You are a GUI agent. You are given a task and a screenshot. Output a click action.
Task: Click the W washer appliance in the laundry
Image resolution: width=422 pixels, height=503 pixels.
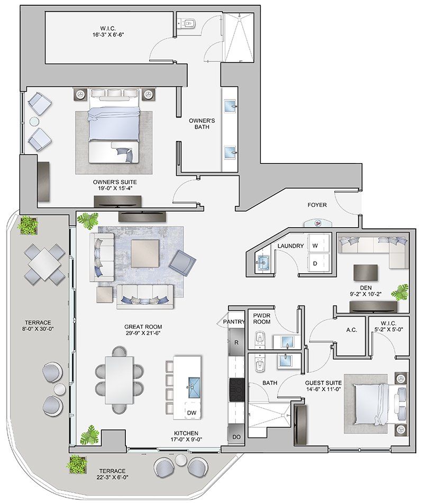click(x=315, y=246)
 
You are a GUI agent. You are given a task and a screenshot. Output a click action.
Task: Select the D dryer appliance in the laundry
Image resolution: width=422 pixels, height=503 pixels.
click(x=315, y=263)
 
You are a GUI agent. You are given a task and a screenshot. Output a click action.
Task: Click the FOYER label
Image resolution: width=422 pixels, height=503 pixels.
click(x=317, y=205)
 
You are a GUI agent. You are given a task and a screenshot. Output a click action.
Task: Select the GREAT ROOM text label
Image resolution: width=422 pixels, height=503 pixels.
click(x=143, y=327)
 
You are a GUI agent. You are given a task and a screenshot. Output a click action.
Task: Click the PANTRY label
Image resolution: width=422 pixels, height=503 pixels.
click(x=234, y=321)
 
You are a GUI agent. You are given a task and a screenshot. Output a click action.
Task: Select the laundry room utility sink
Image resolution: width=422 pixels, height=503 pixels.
click(x=263, y=262)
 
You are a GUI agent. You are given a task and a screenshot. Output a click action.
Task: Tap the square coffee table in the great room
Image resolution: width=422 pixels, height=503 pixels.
click(x=145, y=254)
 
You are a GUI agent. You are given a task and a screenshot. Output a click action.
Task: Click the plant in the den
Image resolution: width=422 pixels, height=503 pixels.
click(x=400, y=292)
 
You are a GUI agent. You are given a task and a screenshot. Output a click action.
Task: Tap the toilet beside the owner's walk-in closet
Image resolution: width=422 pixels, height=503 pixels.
click(x=188, y=23)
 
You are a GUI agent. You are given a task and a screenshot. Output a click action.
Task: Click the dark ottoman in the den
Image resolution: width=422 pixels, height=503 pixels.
click(x=366, y=273)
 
